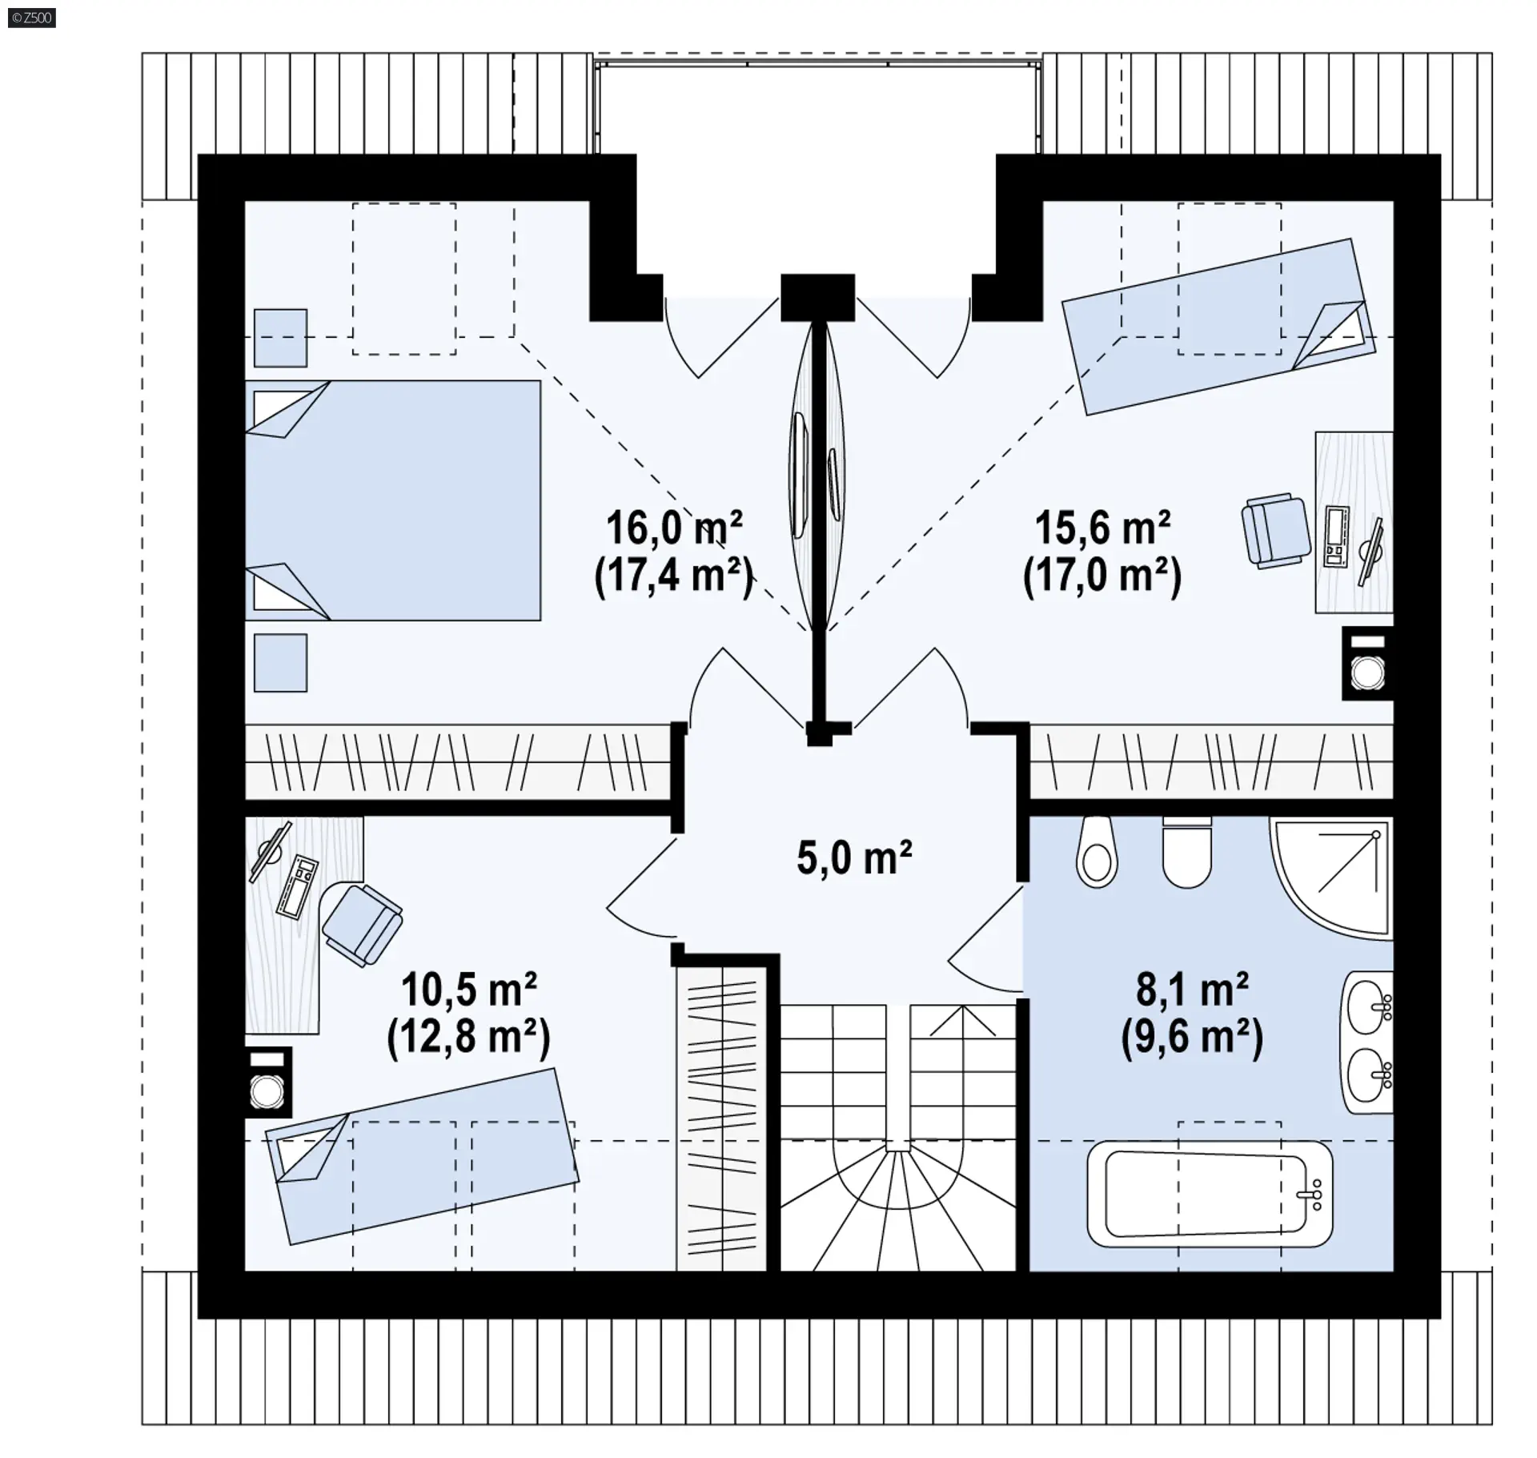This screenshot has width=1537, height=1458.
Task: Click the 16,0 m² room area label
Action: pyautogui.click(x=674, y=528)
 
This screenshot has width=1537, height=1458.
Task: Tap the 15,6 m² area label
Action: pyautogui.click(x=1102, y=528)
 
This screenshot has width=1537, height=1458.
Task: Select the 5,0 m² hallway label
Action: pyautogui.click(x=854, y=858)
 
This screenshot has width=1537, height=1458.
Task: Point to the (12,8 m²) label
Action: pyautogui.click(x=468, y=1038)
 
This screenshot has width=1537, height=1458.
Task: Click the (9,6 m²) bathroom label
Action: pyautogui.click(x=1192, y=1038)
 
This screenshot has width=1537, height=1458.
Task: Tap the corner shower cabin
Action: pyautogui.click(x=1330, y=877)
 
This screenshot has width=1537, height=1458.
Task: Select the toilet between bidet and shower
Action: pyautogui.click(x=1187, y=852)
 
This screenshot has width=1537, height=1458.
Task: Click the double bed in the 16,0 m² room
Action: pyautogui.click(x=392, y=500)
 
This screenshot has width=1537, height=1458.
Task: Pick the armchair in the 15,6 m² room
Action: pyautogui.click(x=1276, y=531)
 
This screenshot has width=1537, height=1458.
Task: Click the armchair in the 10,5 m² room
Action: pyautogui.click(x=363, y=923)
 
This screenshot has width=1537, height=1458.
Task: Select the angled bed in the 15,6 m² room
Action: pyautogui.click(x=1218, y=327)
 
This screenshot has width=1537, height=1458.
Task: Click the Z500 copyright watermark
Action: pyautogui.click(x=32, y=18)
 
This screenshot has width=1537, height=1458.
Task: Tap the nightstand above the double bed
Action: pyautogui.click(x=280, y=338)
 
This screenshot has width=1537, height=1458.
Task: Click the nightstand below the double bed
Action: pyautogui.click(x=280, y=663)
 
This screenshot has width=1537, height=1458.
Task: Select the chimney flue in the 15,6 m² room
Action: pyautogui.click(x=1367, y=664)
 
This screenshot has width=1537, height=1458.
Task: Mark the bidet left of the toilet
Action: pyautogui.click(x=1097, y=852)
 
